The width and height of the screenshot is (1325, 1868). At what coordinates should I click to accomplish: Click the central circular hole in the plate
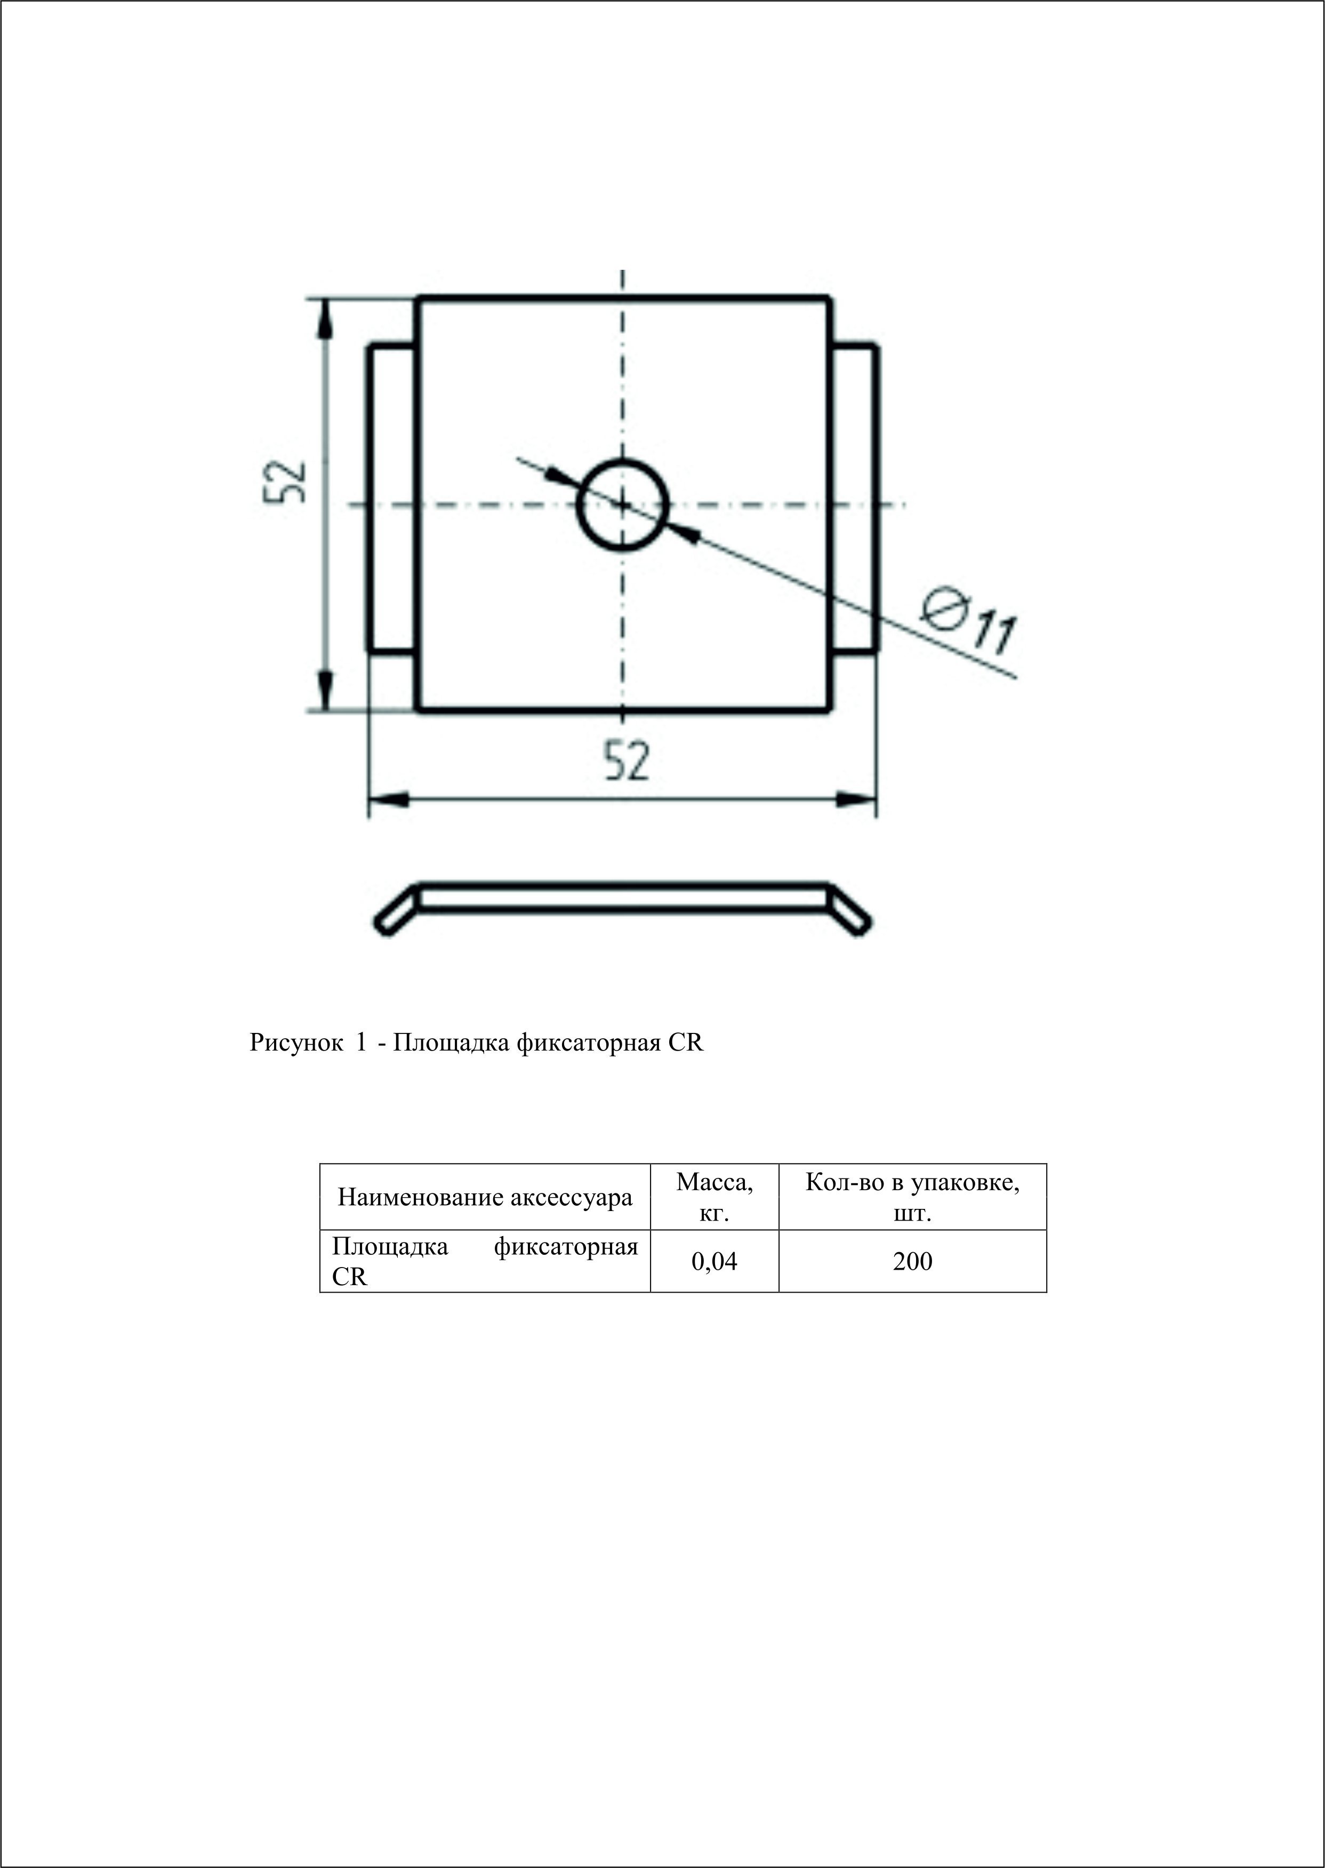(623, 505)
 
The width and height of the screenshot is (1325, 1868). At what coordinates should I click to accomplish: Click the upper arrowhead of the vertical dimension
(326, 319)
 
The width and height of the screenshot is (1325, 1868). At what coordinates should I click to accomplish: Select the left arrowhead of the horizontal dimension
(388, 800)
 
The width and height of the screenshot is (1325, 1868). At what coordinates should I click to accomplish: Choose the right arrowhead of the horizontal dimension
(857, 800)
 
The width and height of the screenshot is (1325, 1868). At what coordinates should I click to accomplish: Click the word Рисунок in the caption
(296, 1043)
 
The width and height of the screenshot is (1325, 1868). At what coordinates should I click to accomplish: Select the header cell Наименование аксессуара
(485, 1197)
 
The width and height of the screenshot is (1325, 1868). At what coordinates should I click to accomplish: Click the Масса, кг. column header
(714, 1197)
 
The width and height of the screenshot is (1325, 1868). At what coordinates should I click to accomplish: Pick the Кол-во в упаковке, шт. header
(912, 1197)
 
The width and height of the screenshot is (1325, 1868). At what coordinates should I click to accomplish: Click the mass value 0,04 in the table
(714, 1262)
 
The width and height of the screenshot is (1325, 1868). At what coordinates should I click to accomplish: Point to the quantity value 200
(912, 1262)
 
